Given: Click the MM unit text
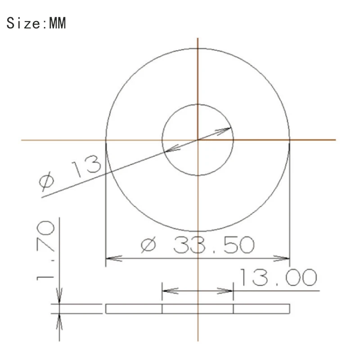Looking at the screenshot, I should click(57, 23).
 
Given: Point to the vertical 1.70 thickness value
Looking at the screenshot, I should click(46, 250).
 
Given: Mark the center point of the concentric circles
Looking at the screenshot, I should click(198, 140).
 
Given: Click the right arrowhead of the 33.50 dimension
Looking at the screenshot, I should click(283, 259).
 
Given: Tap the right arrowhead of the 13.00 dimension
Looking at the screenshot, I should click(228, 291).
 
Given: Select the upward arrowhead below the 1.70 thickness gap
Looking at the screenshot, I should click(59, 319).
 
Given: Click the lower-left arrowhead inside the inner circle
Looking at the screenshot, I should click(169, 150).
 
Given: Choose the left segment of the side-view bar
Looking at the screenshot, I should click(134, 309).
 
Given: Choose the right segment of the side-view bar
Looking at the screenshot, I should click(261, 309).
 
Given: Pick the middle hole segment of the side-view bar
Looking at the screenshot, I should click(198, 309).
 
